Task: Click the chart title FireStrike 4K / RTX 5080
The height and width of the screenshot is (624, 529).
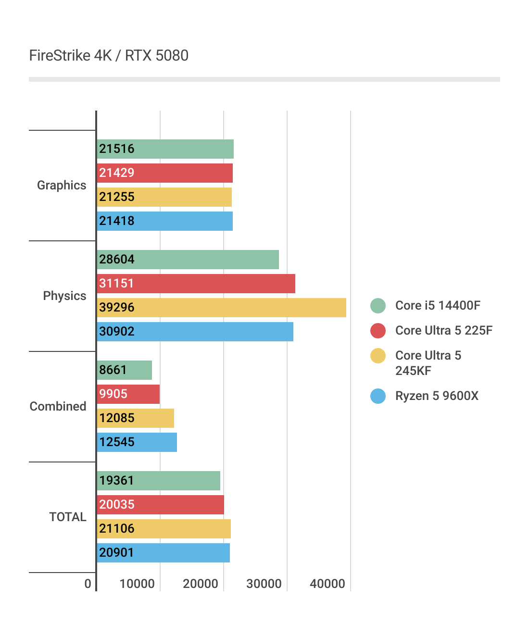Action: [109, 56]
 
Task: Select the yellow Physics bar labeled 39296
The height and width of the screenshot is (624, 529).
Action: [221, 308]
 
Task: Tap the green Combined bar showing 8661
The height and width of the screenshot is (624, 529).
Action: [125, 370]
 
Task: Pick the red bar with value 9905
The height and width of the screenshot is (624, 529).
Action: [128, 394]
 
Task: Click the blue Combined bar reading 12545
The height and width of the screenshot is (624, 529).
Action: [137, 442]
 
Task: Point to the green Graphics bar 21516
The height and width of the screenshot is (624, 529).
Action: [165, 149]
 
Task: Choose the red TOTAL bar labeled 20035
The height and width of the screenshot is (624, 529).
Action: [160, 505]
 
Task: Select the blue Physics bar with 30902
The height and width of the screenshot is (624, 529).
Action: [195, 332]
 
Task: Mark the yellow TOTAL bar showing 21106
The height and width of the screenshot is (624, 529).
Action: [164, 529]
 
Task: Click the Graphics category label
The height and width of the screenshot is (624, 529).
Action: [62, 186]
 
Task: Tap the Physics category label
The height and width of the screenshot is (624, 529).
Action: [64, 296]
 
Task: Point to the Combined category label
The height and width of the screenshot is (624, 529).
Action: [58, 407]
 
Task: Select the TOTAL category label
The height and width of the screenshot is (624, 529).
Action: [68, 517]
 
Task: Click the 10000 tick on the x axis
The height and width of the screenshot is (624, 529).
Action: [137, 584]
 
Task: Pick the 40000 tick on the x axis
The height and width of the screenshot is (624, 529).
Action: [327, 584]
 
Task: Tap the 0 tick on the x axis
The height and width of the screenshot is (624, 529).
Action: [88, 584]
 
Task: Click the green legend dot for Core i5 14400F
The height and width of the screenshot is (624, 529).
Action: [378, 306]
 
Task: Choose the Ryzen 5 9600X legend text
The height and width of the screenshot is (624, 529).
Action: [437, 396]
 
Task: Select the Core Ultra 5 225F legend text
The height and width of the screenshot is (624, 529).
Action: [443, 331]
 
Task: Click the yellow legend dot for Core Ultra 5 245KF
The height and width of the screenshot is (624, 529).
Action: [378, 356]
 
